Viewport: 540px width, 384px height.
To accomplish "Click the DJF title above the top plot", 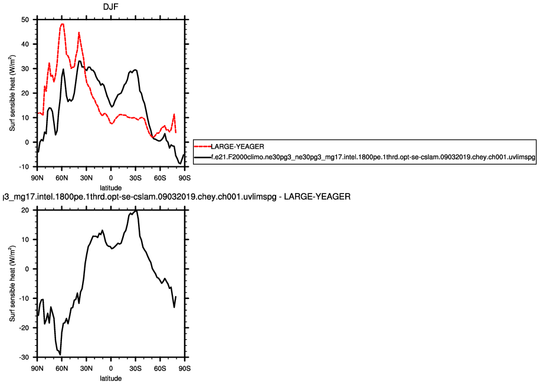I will point(111,7).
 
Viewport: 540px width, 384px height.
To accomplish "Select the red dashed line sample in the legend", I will point(202,146).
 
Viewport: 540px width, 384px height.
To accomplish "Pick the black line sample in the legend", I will point(202,158).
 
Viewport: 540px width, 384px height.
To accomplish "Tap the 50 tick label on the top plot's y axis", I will point(25,19).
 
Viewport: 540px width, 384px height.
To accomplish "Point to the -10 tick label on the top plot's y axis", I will point(24,167).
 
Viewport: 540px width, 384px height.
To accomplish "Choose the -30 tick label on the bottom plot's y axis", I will point(24,357).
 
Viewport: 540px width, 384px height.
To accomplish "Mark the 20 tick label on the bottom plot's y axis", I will point(25,210).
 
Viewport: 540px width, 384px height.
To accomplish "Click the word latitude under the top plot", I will point(111,186).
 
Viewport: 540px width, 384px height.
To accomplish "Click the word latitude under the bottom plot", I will point(111,378).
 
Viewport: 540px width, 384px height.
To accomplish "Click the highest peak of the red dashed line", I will point(62,24).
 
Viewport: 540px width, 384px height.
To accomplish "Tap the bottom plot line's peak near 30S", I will point(136,211).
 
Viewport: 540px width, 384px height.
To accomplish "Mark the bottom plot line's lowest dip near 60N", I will point(60,355).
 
